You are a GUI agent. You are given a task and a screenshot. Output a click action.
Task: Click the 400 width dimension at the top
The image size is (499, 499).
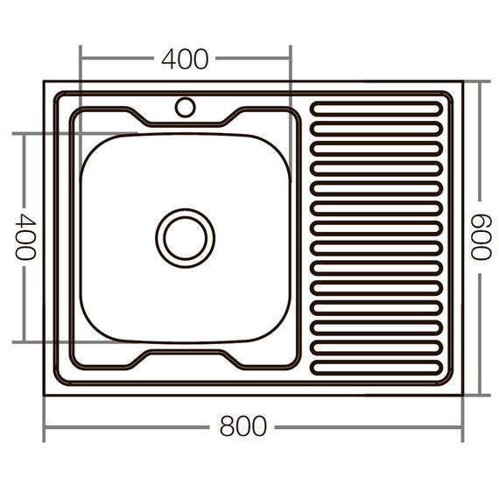[185, 60]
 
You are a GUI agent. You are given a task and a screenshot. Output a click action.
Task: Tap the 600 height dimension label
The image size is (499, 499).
[478, 236]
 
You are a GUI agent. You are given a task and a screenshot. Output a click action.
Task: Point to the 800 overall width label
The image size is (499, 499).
[243, 426]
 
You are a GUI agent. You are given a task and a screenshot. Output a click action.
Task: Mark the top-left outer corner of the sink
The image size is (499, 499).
[45, 82]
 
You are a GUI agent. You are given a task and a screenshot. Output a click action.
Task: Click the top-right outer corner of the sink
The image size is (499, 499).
[461, 82]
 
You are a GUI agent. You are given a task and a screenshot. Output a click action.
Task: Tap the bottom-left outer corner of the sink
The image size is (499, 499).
[45, 394]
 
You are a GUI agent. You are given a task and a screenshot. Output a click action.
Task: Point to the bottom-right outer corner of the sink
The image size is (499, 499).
[461, 394]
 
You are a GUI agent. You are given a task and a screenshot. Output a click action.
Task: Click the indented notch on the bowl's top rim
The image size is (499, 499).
[185, 121]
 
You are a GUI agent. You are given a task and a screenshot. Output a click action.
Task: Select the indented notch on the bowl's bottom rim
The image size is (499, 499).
[185, 355]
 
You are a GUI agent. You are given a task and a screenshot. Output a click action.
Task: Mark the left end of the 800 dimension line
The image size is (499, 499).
[45, 427]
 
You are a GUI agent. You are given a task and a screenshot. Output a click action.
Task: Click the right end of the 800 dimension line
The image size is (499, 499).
[461, 427]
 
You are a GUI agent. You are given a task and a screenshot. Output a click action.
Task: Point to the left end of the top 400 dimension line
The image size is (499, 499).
[81, 60]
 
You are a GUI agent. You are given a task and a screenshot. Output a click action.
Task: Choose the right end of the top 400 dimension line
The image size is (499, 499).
[290, 60]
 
